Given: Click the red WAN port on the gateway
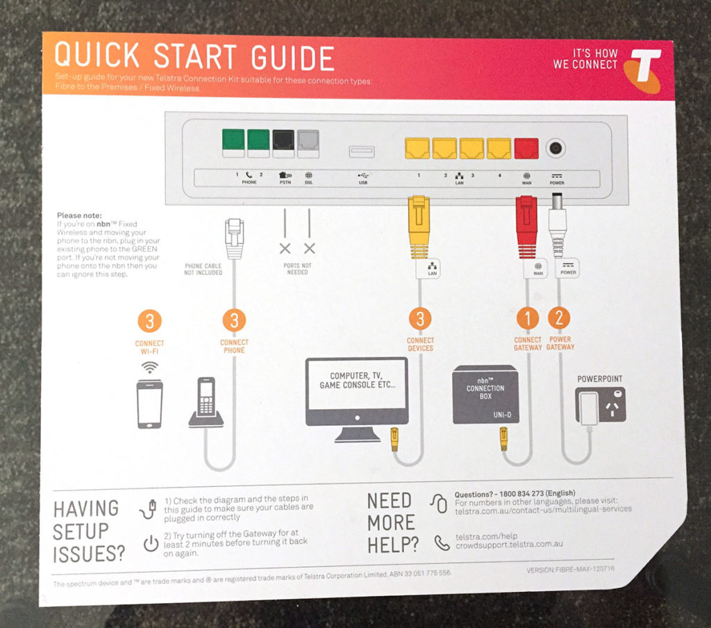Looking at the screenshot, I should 526,148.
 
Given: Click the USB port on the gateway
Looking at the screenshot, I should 362,149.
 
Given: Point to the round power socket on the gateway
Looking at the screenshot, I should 555,148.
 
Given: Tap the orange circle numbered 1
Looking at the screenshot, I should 527,318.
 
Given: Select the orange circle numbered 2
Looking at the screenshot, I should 559,318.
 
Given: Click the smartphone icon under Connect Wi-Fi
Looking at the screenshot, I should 149,404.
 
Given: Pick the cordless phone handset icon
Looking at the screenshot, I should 206,402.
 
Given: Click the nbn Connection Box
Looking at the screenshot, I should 485,394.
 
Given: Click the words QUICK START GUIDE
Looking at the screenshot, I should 194,58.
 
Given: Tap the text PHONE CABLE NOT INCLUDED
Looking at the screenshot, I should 203,269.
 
